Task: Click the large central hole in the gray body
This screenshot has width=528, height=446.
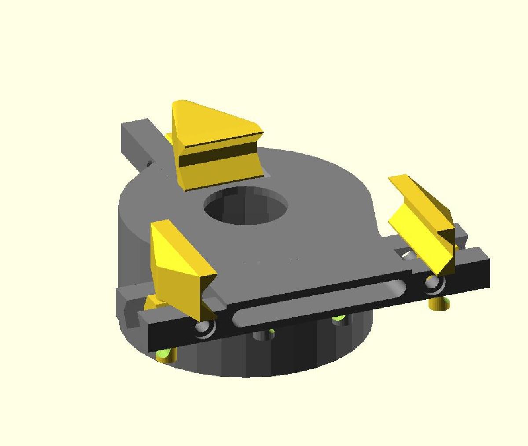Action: pos(245,205)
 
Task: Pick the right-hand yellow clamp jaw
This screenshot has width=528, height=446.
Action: pos(422,220)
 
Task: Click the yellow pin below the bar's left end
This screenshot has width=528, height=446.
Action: pos(166,355)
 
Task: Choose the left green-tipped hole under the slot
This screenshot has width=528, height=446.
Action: pos(264,334)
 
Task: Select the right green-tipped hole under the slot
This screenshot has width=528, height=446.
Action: pos(339,319)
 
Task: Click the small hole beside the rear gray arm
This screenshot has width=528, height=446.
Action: pos(150,164)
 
